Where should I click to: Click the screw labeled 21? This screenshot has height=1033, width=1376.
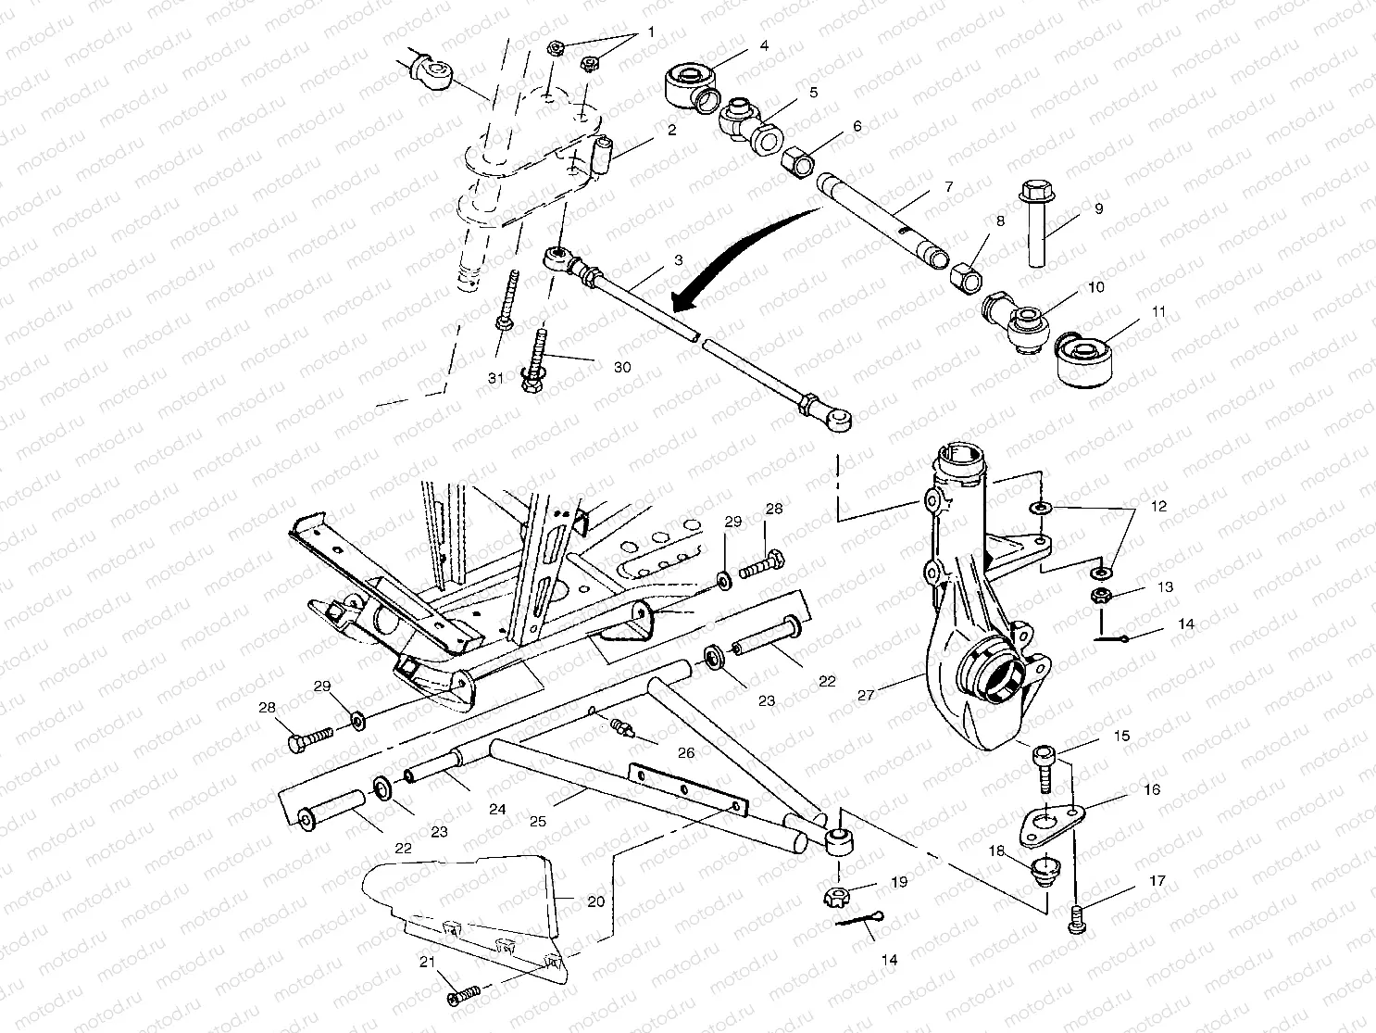464,994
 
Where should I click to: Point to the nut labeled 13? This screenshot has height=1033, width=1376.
1103,596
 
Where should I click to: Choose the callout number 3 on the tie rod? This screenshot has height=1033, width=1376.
678,261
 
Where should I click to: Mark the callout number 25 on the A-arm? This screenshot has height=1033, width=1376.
537,821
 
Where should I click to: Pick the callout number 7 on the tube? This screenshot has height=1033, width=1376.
948,187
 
